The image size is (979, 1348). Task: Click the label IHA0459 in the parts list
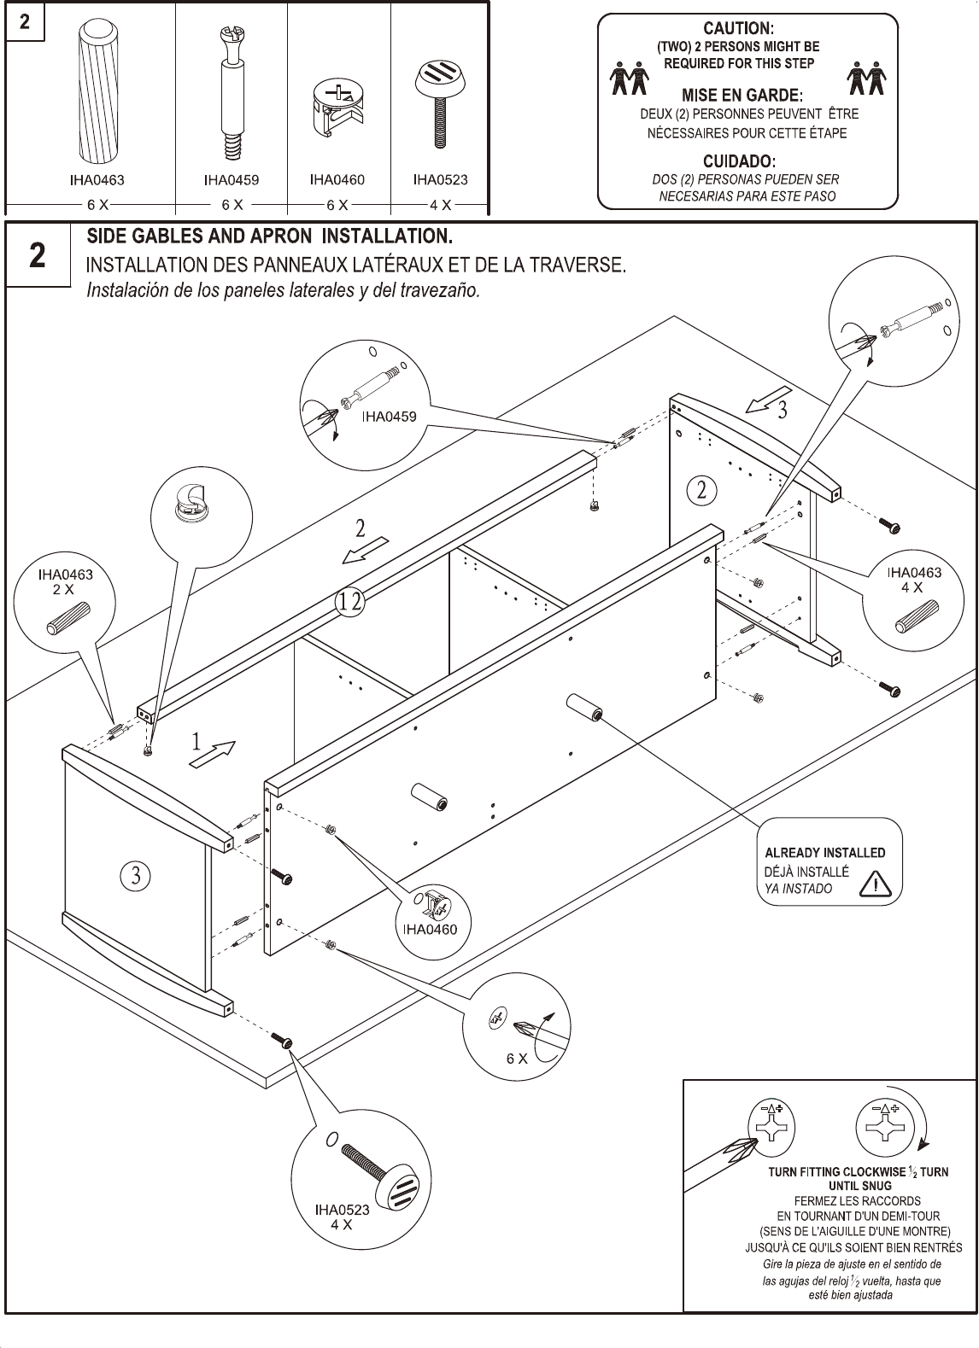[231, 180]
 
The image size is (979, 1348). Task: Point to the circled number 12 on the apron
[350, 602]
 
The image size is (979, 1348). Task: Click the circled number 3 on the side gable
[135, 875]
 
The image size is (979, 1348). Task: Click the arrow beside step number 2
[365, 551]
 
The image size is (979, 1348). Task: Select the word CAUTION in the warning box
[738, 29]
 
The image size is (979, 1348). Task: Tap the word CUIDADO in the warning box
[738, 160]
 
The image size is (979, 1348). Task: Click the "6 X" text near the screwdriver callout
[516, 1059]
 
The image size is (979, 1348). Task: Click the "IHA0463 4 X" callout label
[913, 580]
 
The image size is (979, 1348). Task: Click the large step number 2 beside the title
[38, 256]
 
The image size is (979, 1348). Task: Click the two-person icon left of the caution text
[628, 79]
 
